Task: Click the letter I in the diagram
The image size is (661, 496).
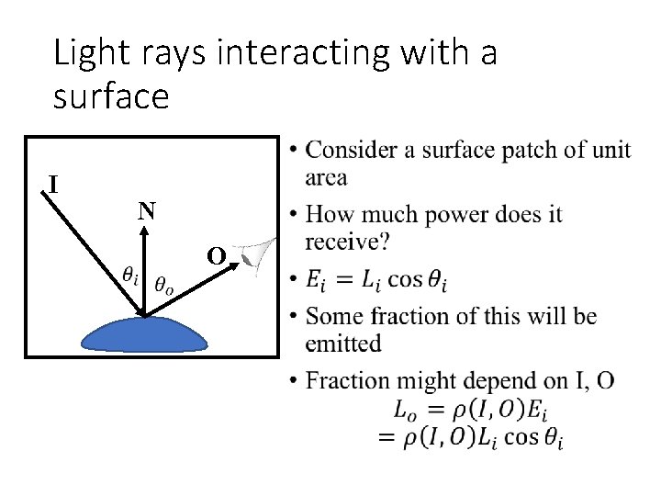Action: (54, 185)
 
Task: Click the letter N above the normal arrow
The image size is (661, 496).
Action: (146, 212)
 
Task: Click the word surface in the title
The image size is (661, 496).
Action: (111, 96)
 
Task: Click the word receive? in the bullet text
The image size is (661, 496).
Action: (347, 243)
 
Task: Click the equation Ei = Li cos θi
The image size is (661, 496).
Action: (377, 280)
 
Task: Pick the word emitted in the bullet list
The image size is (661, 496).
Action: (344, 344)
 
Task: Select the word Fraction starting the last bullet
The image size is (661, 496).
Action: (350, 380)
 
